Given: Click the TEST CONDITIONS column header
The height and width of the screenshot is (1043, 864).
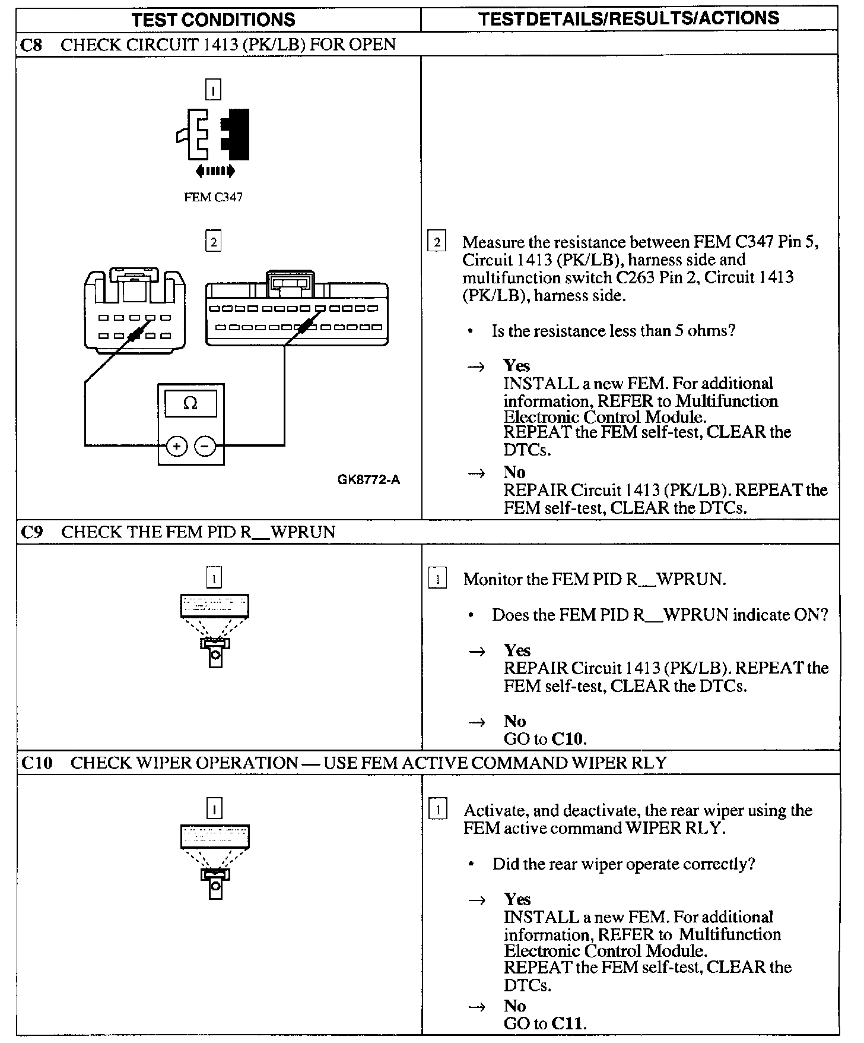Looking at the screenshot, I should tap(214, 20).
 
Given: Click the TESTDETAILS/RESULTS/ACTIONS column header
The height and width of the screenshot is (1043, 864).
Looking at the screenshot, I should tap(628, 18).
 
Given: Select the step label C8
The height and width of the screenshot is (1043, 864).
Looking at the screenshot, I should tap(31, 45).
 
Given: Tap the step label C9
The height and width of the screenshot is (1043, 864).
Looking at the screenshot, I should tap(32, 532).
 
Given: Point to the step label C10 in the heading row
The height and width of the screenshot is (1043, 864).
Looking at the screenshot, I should tap(37, 763).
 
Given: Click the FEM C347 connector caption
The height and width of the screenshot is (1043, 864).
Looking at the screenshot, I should tap(213, 198).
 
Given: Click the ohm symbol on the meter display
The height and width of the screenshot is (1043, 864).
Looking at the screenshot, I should tap(190, 404).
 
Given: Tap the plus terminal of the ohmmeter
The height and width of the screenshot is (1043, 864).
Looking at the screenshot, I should tap(176, 445).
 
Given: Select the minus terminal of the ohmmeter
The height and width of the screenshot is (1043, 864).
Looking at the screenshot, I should tap(205, 445).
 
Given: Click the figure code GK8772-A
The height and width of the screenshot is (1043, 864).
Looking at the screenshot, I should tap(369, 480).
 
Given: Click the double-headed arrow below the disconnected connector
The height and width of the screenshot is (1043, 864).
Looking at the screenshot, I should tap(215, 172).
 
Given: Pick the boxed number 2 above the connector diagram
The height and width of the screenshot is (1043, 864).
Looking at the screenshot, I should tap(213, 242).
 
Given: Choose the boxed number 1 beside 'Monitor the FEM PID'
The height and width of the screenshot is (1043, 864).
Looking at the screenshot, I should tap(437, 579).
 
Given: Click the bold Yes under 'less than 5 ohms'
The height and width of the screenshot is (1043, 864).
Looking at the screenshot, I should tap(516, 365).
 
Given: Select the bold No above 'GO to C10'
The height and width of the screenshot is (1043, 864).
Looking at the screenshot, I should tap(514, 721).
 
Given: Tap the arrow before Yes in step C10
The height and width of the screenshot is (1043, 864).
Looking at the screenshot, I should tap(477, 900).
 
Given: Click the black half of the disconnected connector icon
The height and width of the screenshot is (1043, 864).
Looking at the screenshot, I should tap(237, 134).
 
